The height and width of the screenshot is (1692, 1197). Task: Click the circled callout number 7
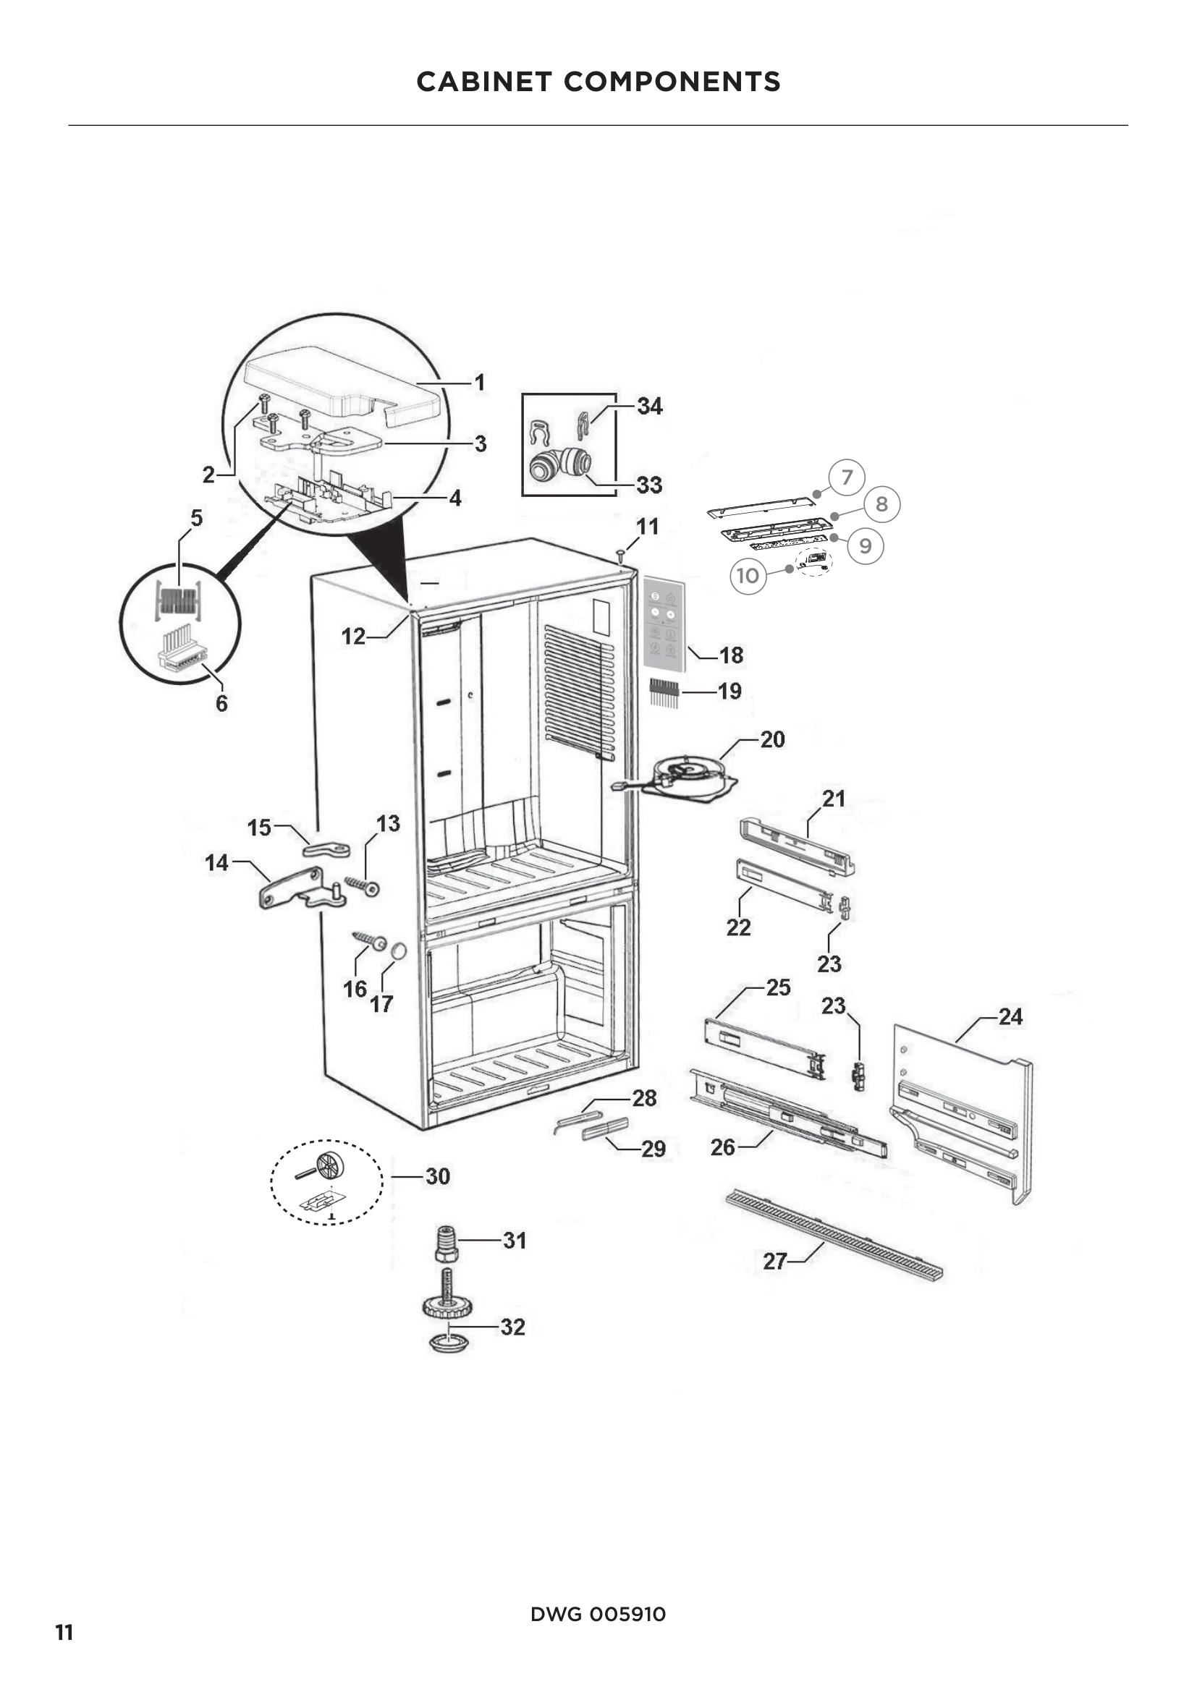pos(846,477)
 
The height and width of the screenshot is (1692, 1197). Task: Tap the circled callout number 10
pos(748,575)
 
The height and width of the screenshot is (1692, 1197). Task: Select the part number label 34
pos(649,406)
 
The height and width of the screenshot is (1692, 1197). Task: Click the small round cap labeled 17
pos(399,951)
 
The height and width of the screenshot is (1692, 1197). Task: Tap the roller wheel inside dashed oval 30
pos(329,1165)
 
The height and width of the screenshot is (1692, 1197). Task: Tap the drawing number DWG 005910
pos(598,1614)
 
